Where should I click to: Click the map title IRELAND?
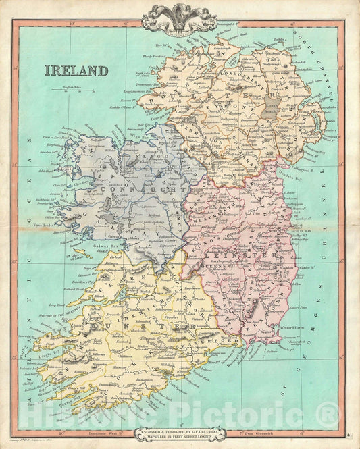[x=76, y=70]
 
